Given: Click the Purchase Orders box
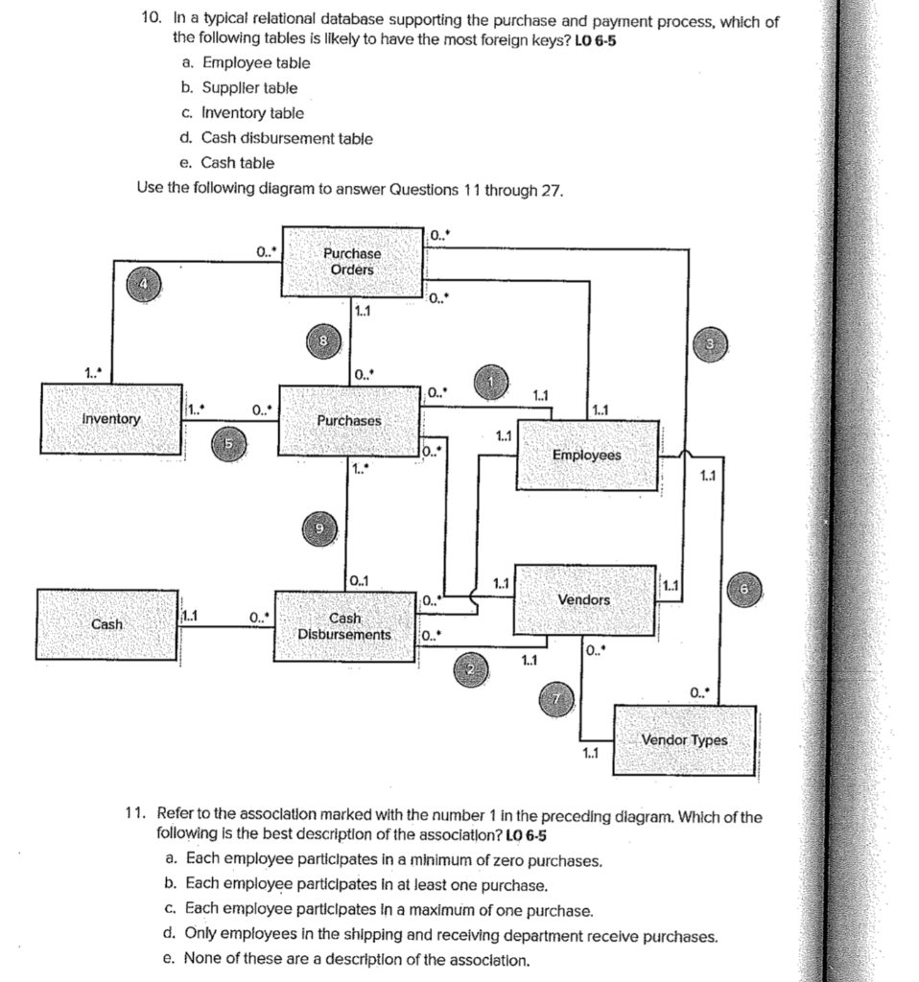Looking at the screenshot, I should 351,262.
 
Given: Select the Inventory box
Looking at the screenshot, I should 111,419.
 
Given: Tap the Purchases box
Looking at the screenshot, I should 349,421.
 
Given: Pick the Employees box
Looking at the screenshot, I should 586,455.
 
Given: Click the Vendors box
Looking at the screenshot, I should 583,599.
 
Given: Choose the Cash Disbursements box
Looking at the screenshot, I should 344,627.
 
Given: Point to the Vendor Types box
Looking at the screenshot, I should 684,740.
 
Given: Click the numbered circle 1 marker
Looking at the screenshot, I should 493,382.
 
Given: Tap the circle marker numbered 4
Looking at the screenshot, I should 144,284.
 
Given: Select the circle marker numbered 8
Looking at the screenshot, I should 323,341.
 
